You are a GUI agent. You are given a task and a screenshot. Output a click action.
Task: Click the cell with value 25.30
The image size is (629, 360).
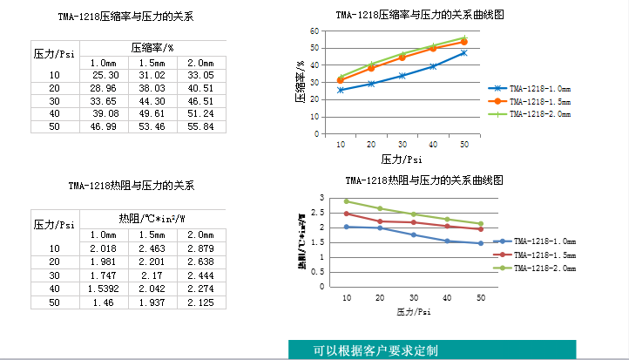tap(105, 76)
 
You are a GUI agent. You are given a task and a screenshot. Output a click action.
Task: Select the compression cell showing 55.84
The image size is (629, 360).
tap(201, 126)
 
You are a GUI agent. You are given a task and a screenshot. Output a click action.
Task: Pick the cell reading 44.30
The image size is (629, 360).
tap(152, 101)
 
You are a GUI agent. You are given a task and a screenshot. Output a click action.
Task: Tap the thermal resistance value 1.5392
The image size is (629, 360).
tap(105, 289)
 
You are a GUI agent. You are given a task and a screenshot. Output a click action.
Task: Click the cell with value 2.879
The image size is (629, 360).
tap(201, 249)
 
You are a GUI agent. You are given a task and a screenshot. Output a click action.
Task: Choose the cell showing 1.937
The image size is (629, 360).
tap(152, 302)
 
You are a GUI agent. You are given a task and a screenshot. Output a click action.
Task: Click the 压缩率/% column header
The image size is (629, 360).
tap(152, 47)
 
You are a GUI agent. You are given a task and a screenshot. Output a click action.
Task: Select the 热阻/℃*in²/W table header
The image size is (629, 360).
tap(152, 219)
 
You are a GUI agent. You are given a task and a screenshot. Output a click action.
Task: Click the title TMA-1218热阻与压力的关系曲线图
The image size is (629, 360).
tap(423, 181)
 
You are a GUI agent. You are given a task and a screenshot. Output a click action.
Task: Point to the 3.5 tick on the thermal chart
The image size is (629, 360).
tap(321, 198)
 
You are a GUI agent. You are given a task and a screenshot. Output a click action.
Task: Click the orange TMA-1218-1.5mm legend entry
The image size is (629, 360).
tap(538, 101)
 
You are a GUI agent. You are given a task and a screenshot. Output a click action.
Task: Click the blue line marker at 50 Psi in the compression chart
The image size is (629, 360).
tap(463, 52)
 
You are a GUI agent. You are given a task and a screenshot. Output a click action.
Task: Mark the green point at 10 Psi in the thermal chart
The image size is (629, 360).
tap(347, 201)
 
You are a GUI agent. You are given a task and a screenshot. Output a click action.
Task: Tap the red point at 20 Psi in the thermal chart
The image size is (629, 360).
tap(380, 221)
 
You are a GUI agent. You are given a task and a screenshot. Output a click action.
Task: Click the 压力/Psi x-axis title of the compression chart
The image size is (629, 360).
tap(402, 160)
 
